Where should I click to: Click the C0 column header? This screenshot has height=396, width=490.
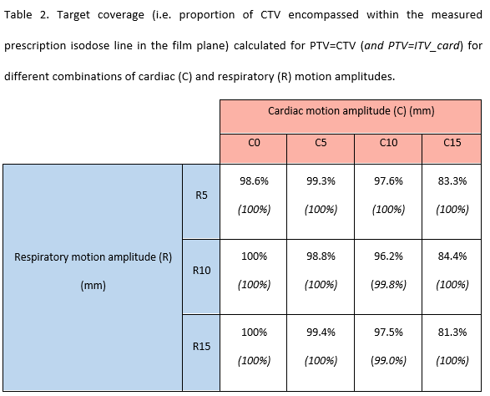click(x=254, y=143)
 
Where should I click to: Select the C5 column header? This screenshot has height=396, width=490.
click(x=321, y=143)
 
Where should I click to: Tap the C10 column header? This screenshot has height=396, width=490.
click(x=388, y=143)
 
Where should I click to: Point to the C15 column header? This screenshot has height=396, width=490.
click(x=452, y=143)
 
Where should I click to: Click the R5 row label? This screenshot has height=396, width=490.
click(x=201, y=195)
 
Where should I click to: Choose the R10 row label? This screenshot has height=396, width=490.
click(x=201, y=270)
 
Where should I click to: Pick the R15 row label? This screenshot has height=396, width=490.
click(x=201, y=346)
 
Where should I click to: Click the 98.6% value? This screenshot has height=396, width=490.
click(x=254, y=180)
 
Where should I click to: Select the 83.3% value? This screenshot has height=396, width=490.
click(x=452, y=180)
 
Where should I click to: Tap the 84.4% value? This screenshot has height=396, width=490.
click(x=452, y=256)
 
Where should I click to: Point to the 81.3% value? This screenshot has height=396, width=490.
click(x=452, y=332)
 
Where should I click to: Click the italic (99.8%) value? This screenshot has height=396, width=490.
click(x=388, y=284)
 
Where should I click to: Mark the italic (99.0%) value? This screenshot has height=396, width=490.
click(x=388, y=360)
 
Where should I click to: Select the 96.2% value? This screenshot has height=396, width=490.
click(x=388, y=256)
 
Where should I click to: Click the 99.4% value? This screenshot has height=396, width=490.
click(x=321, y=332)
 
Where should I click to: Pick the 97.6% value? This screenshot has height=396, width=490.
click(x=388, y=180)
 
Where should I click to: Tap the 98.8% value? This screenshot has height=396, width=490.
click(x=321, y=256)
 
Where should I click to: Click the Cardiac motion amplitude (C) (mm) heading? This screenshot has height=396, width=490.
click(x=351, y=111)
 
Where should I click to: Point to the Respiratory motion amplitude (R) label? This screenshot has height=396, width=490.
click(x=93, y=257)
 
